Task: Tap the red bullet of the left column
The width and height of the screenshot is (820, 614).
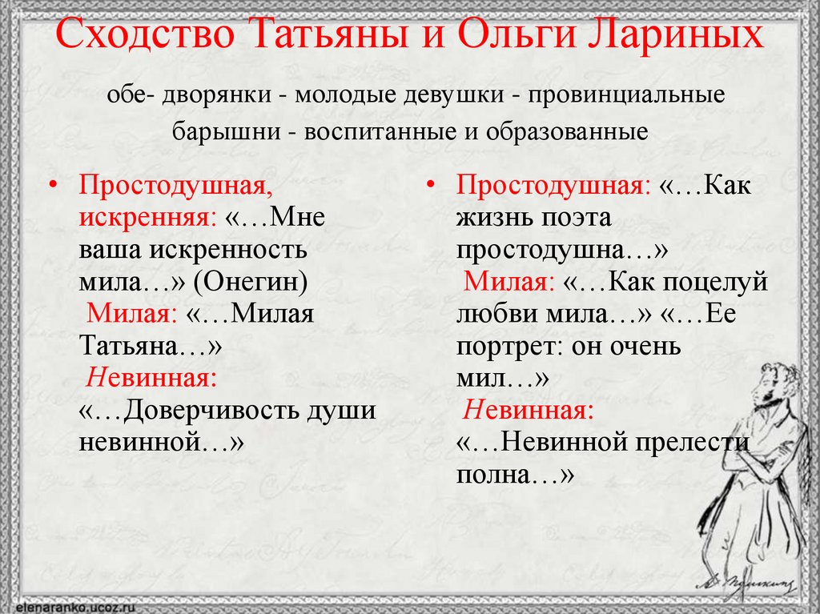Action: pos(53,185)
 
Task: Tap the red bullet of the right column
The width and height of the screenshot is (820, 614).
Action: pos(431,185)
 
